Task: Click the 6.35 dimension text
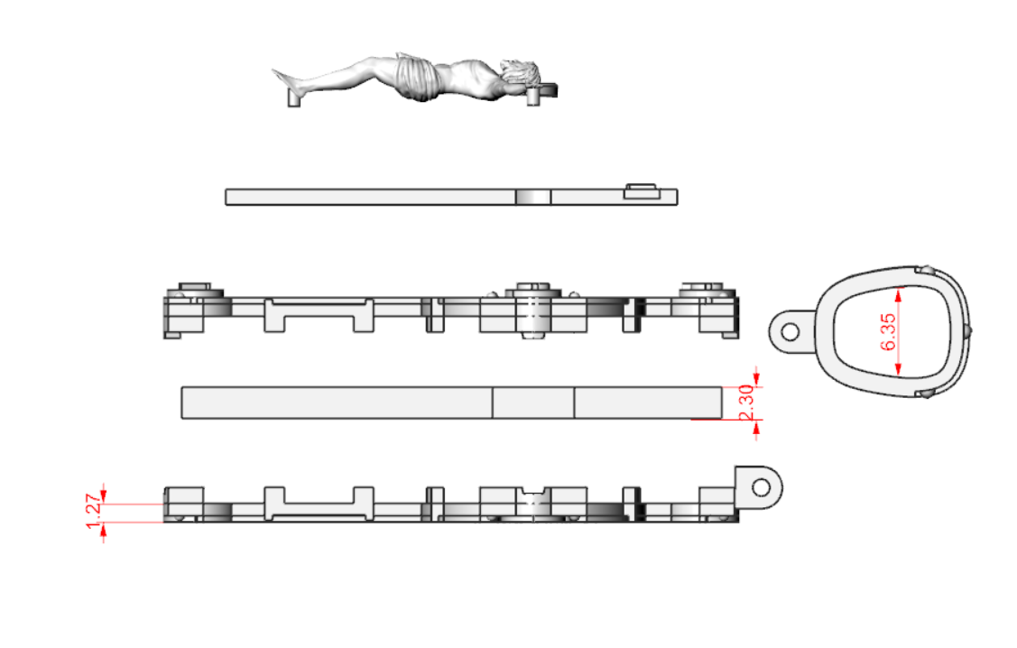(888, 331)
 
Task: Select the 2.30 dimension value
(746, 403)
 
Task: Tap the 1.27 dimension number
(94, 512)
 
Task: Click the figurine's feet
(284, 79)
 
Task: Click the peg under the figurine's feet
(294, 99)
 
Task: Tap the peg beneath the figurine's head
(533, 97)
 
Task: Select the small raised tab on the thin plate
(643, 190)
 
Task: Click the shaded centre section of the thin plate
(533, 197)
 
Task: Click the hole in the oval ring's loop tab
(790, 332)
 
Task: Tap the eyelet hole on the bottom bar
(762, 487)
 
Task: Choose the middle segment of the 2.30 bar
(533, 403)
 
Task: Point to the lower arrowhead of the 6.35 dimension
(898, 369)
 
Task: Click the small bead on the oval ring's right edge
(968, 331)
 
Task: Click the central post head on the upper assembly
(533, 287)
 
